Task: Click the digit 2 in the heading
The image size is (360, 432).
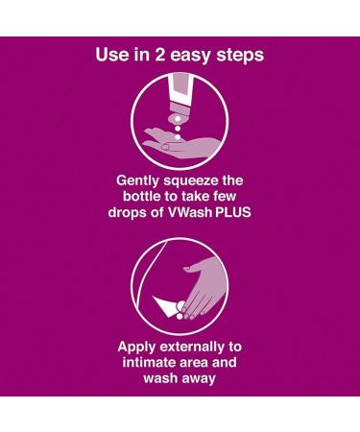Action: tap(159, 55)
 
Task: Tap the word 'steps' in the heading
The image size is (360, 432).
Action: tap(240, 56)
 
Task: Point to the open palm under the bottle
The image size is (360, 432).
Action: tap(181, 143)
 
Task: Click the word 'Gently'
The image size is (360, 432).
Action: tap(137, 181)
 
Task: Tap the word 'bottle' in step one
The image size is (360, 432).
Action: tap(142, 196)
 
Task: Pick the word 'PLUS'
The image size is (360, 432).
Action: tap(232, 212)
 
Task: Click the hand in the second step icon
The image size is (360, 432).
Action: tap(200, 288)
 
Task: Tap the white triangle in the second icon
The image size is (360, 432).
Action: tap(166, 306)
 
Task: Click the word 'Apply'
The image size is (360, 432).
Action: tap(136, 348)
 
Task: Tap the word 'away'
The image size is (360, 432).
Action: tap(199, 379)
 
